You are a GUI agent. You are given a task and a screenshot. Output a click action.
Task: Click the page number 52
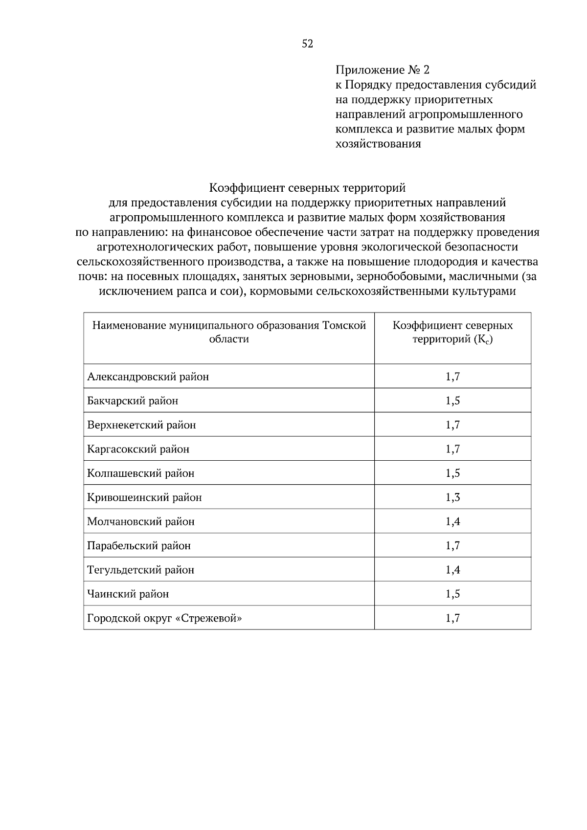pos(307,44)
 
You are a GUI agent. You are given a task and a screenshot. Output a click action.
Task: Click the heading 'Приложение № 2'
pos(382,70)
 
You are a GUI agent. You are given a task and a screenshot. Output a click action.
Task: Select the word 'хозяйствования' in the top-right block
pos(378,144)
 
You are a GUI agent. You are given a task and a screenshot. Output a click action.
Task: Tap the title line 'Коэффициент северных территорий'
pos(307,188)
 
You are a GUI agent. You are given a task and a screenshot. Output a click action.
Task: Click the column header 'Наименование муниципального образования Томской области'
pos(229,333)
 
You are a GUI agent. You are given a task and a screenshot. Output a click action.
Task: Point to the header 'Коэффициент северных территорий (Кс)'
pos(452,333)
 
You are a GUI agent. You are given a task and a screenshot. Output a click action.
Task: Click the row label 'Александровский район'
pos(148,377)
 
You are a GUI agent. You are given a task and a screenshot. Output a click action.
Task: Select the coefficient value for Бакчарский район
pos(452,401)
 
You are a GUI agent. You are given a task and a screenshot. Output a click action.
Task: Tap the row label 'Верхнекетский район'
pos(141,425)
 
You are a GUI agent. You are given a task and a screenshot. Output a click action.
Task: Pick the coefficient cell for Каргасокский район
pos(452,449)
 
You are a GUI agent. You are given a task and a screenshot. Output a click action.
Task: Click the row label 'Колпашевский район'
pos(140,473)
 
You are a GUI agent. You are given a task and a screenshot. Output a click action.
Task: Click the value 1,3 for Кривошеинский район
pos(452,497)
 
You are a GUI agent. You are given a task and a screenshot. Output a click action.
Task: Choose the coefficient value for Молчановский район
pos(452,521)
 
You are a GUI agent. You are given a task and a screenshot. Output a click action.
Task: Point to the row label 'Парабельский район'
pos(138,546)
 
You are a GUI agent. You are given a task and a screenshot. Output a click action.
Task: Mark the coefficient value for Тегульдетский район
pos(452,570)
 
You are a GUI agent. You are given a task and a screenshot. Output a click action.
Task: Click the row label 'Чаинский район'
pos(128,594)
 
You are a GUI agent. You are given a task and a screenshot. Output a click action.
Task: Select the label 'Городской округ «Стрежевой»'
pos(164,618)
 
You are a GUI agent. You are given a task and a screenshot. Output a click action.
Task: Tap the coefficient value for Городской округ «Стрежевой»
pos(452,618)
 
